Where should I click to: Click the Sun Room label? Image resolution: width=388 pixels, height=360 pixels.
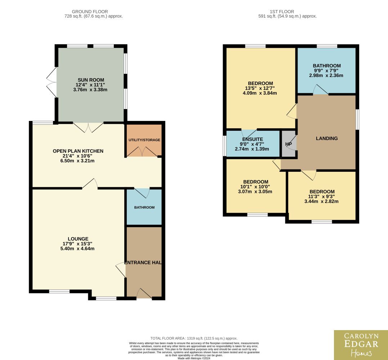pos(91,80)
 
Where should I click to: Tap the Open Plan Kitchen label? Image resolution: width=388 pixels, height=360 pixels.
pos(78,151)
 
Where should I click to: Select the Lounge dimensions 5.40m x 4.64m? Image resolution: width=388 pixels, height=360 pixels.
pos(77,248)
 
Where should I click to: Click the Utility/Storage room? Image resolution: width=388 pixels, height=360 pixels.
pos(144,140)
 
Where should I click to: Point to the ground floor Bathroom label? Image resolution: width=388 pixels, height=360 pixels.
pos(144,207)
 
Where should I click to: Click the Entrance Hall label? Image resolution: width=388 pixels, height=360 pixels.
pos(143,262)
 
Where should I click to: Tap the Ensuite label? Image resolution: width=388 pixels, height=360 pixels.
pos(253,139)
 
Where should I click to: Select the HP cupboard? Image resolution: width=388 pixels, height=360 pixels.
pos(289,144)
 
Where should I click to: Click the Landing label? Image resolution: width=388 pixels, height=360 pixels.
pos(327,139)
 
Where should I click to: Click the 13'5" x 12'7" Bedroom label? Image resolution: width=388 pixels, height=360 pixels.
pos(260,83)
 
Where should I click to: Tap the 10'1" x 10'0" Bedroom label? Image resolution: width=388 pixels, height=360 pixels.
pos(256,182)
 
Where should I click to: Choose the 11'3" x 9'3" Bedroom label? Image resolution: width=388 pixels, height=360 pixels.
pos(322,192)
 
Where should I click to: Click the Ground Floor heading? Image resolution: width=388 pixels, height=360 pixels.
pos(90,12)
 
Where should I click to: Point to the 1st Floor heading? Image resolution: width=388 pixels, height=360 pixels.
pos(282,12)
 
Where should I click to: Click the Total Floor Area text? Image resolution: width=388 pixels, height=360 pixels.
pos(194,338)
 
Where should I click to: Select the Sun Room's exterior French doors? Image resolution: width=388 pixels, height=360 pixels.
pos(52,82)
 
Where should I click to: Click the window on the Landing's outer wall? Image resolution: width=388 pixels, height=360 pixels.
pos(357,120)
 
